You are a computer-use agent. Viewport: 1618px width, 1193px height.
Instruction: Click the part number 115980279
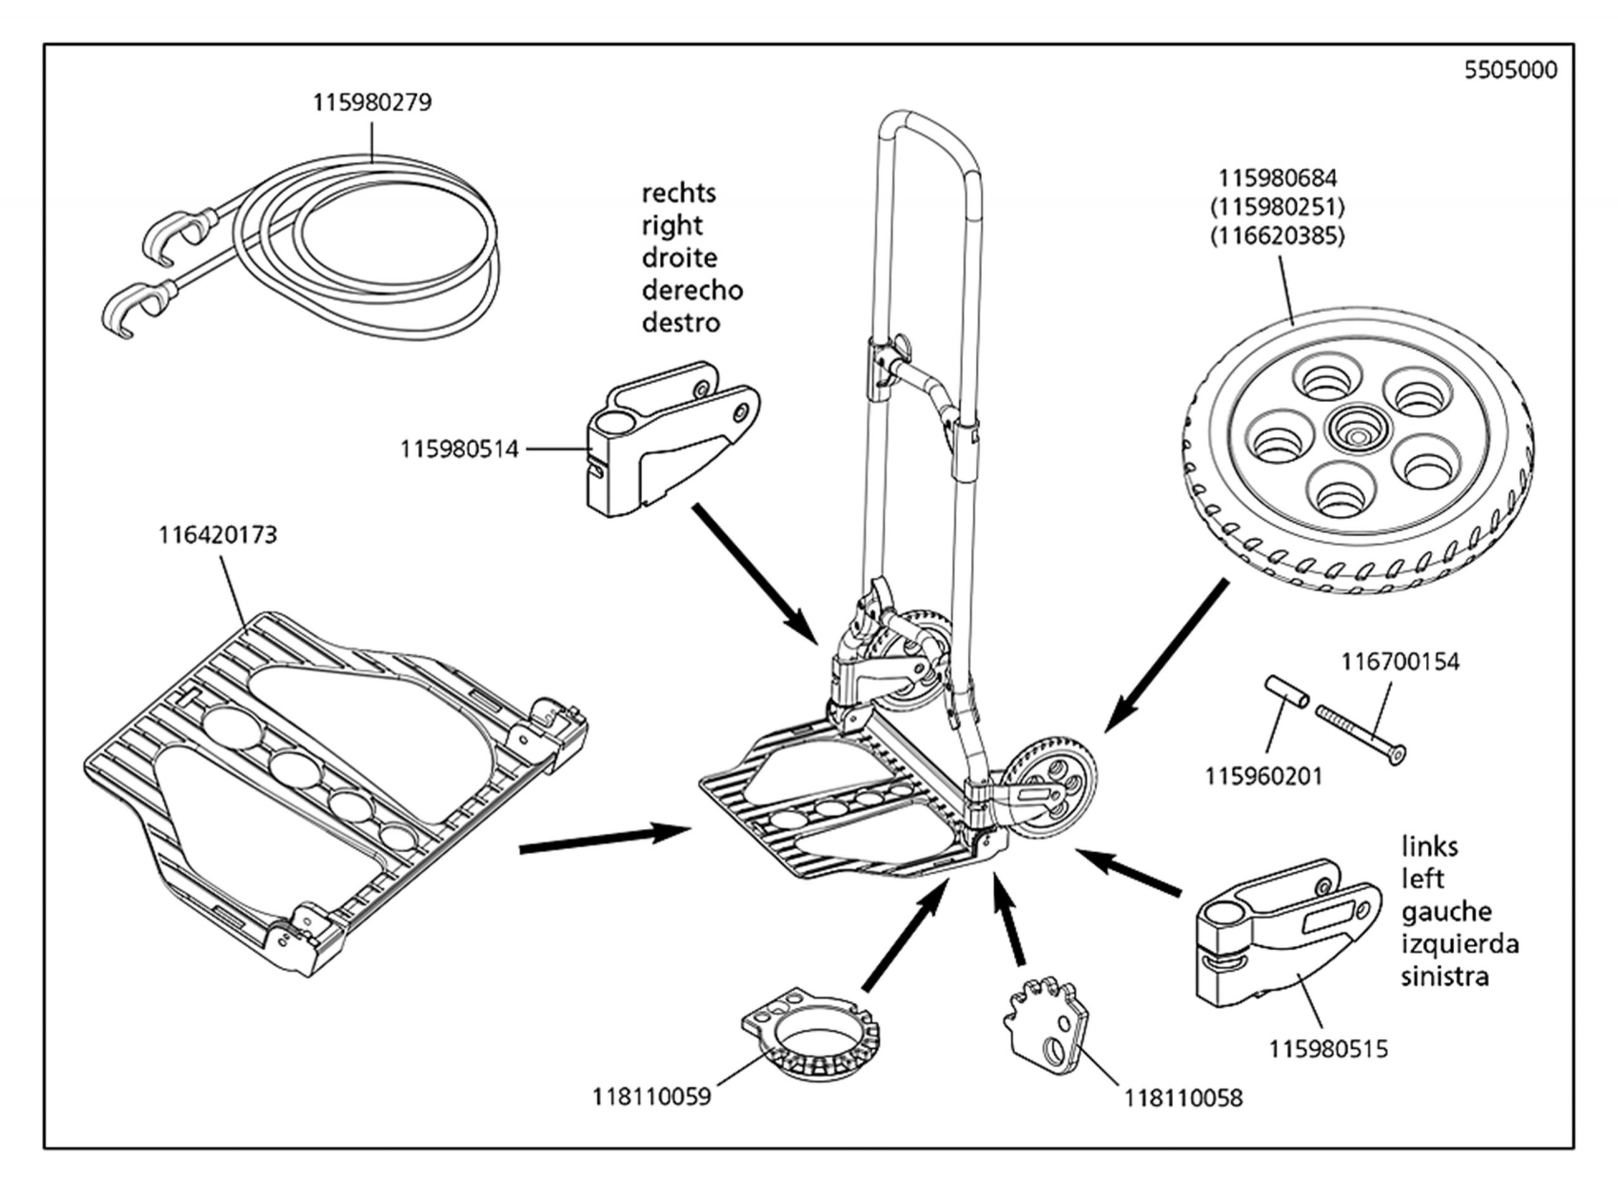[x=372, y=102]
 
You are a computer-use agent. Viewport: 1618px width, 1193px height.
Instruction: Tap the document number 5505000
[x=1511, y=70]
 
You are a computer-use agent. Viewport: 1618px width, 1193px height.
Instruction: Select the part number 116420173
[x=217, y=535]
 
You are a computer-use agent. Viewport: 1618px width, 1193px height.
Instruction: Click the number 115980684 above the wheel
[x=1278, y=178]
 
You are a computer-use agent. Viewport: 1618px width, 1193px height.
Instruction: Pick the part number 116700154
[x=1400, y=661]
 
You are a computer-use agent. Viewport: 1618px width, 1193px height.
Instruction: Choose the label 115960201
[x=1263, y=776]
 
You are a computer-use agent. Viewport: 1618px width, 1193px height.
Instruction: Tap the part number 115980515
[x=1329, y=1049]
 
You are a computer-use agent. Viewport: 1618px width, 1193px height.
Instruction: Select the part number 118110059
[x=652, y=1096]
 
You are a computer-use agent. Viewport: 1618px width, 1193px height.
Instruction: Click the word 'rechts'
[x=679, y=193]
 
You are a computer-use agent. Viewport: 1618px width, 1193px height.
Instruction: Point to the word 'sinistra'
[x=1445, y=976]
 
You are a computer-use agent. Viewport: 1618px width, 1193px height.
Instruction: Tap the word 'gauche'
[x=1446, y=912]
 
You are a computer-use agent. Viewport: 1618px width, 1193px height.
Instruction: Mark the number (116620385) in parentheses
[x=1278, y=236]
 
